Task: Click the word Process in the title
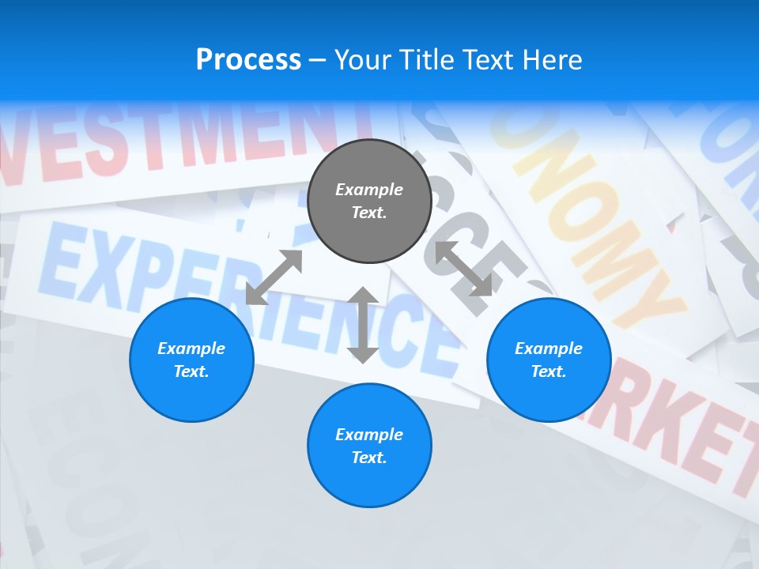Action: pos(248,60)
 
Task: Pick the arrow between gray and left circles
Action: pos(274,277)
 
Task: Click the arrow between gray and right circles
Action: pos(463,269)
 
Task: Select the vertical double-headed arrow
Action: pos(363,325)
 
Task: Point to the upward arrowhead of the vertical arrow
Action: pos(363,296)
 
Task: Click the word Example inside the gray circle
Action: pos(369,190)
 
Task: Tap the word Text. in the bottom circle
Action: pos(369,458)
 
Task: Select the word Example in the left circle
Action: pos(191,349)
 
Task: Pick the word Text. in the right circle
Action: pos(549,371)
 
